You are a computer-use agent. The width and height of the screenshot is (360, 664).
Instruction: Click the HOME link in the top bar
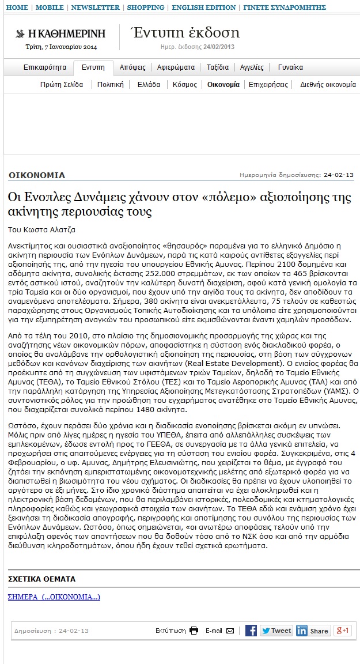click(17, 7)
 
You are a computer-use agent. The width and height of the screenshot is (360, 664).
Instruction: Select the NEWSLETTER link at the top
click(95, 7)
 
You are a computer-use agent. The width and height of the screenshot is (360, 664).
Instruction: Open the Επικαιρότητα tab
click(45, 67)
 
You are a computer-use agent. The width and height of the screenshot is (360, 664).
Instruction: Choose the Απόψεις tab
click(132, 67)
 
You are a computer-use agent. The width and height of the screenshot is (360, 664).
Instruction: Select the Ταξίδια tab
click(218, 67)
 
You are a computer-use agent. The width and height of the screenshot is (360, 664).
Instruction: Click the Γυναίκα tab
click(290, 67)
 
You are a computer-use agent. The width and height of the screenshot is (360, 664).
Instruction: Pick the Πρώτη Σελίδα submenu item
click(62, 84)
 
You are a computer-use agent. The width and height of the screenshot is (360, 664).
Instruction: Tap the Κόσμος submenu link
click(184, 84)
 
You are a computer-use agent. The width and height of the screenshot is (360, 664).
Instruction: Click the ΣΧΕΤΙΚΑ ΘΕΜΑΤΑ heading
click(41, 579)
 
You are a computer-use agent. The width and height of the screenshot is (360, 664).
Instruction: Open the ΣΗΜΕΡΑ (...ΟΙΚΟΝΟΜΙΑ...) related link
click(54, 597)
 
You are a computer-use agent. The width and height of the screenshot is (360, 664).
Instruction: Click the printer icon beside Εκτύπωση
click(194, 631)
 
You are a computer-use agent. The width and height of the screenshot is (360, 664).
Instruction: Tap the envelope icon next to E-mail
click(230, 631)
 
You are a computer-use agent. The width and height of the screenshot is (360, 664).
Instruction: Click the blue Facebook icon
click(251, 631)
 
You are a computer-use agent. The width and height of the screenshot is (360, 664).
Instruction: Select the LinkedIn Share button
click(313, 631)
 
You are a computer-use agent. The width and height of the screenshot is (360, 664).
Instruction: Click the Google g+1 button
click(343, 631)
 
